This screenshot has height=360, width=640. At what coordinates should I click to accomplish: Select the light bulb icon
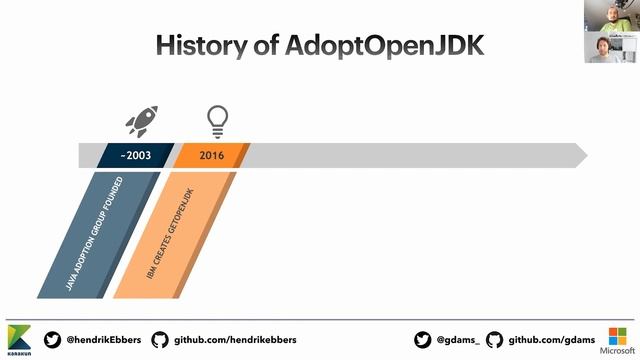coord(216,121)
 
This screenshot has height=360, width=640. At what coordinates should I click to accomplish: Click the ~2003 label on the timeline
coord(135,156)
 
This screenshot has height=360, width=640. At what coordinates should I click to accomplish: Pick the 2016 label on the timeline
coord(211,156)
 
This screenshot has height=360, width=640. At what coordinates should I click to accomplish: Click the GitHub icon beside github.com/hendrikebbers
coord(160,340)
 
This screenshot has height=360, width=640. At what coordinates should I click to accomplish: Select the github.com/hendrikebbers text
coord(235,340)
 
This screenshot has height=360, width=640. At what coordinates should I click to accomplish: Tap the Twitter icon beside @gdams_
coord(422,340)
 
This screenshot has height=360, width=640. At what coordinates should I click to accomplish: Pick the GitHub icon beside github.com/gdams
coord(494,340)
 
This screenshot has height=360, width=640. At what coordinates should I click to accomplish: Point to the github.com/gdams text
coord(552,340)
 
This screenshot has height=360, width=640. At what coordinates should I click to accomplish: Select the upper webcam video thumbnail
coord(612,15)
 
